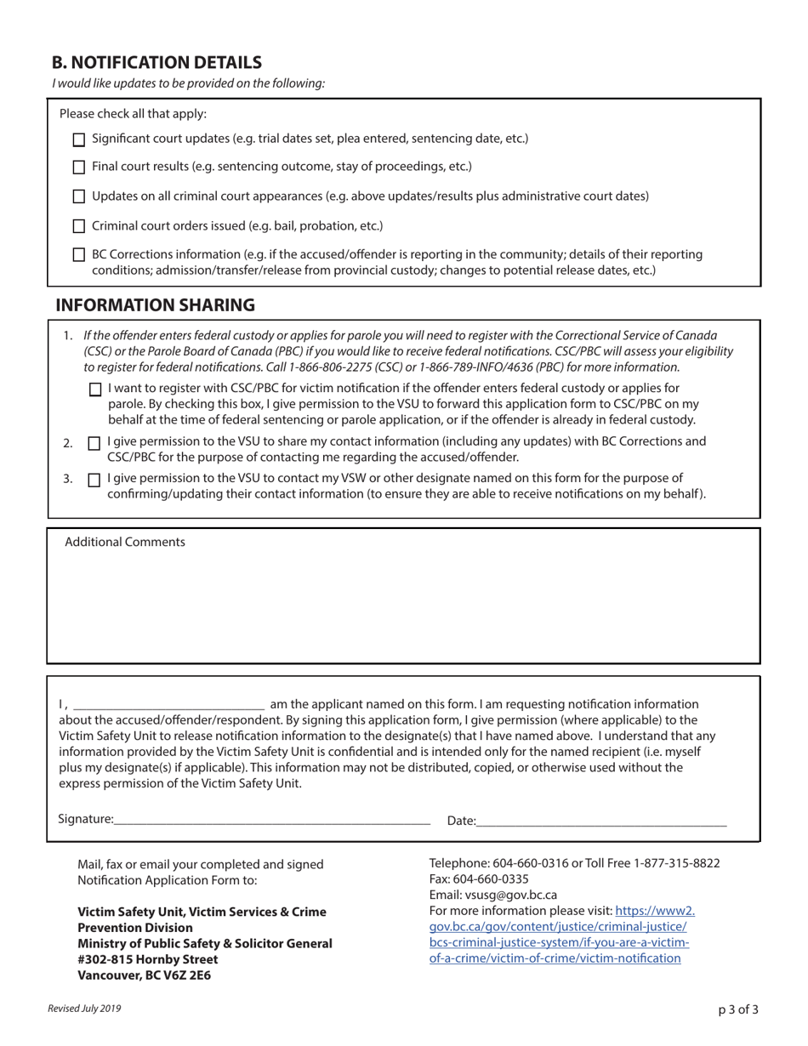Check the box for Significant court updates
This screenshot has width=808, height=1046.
pyautogui.click(x=79, y=139)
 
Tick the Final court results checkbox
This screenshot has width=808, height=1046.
pyautogui.click(x=79, y=168)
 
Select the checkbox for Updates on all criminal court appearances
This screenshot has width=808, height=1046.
pyautogui.click(x=79, y=196)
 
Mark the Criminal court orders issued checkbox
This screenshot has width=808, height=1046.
pyautogui.click(x=79, y=226)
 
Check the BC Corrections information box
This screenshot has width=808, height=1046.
pyautogui.click(x=79, y=254)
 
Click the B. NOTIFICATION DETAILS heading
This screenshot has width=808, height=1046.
pyautogui.click(x=156, y=62)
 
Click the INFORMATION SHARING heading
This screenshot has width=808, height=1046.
pyautogui.click(x=155, y=305)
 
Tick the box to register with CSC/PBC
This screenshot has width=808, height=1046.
pyautogui.click(x=94, y=389)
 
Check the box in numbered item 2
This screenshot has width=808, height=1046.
pyautogui.click(x=94, y=443)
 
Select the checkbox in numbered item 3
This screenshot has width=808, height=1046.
pyautogui.click(x=94, y=480)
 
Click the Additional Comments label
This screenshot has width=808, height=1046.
pyautogui.click(x=125, y=542)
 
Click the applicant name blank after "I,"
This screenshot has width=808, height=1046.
pyautogui.click(x=168, y=703)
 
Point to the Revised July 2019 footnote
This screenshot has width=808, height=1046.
pyautogui.click(x=84, y=1009)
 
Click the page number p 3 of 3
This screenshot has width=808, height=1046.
pyautogui.click(x=737, y=1010)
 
